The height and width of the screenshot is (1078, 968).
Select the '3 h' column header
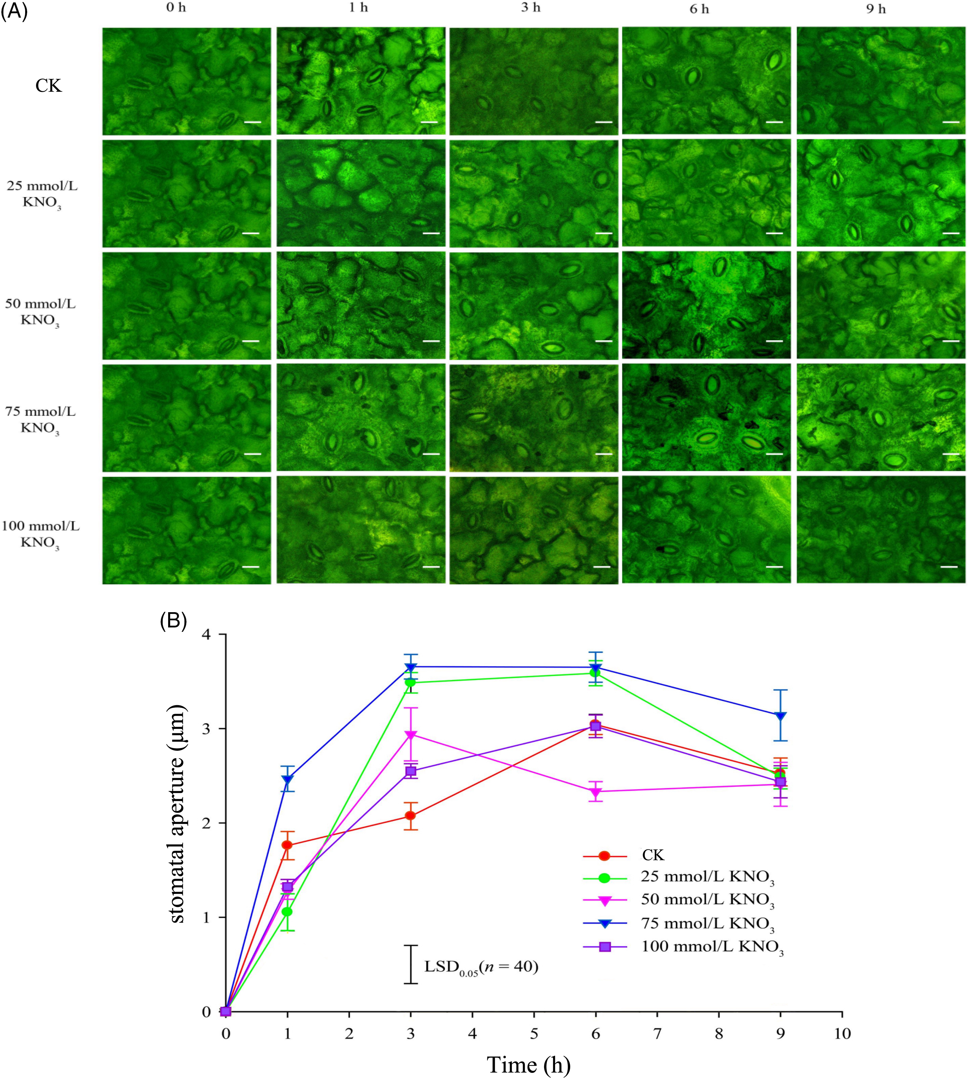530,8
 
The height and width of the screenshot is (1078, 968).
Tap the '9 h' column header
876,8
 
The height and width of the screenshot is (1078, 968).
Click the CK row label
48,86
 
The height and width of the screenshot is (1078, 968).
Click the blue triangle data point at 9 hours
780,716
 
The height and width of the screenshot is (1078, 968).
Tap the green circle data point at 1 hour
287,912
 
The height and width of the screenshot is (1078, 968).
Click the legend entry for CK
653,855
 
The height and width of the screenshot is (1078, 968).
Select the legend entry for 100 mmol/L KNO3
713,947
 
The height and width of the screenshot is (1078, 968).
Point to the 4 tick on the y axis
207,635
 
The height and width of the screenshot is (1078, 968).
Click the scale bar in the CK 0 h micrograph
252,122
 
